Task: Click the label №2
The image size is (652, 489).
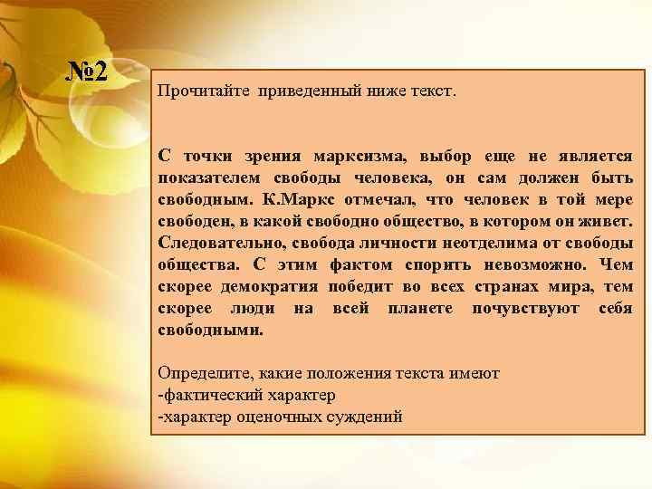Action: click(x=89, y=71)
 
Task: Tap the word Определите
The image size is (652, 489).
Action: click(x=202, y=373)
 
